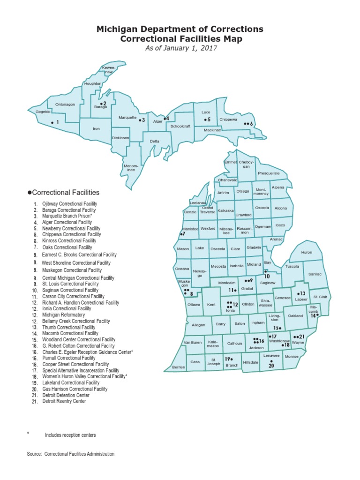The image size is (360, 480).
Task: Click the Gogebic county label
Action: click(43, 112)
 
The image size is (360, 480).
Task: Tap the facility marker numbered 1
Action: click(52, 122)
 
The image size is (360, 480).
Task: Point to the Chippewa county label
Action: click(228, 120)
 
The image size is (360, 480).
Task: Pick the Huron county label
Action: click(306, 252)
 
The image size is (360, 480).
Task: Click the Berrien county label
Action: click(179, 367)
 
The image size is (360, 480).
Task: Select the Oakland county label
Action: click(295, 316)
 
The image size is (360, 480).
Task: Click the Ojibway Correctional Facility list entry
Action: click(69, 204)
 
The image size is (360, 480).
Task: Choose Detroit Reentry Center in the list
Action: click(64, 401)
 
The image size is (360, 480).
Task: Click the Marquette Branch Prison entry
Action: click(67, 216)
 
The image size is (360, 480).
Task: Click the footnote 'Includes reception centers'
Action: click(70, 435)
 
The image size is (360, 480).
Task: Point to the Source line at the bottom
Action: click(71, 454)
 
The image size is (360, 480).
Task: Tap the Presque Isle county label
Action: click(269, 173)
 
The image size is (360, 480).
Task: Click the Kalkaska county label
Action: click(226, 210)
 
